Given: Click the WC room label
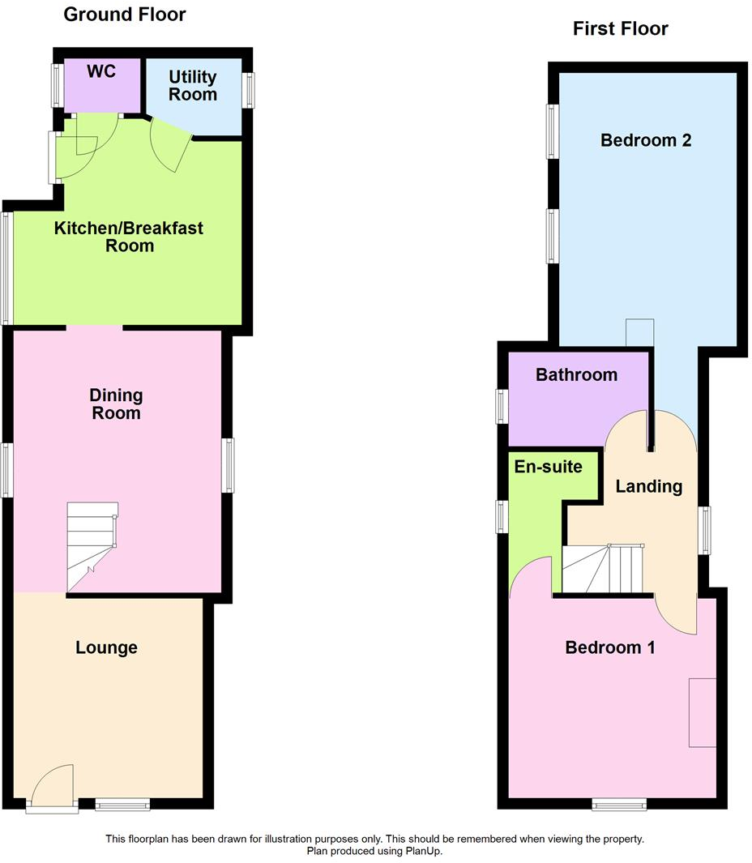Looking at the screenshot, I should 102,71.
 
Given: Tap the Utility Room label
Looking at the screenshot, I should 193,86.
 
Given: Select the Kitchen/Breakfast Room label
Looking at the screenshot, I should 129,237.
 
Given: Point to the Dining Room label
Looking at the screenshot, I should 116,404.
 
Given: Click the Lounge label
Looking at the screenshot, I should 106,647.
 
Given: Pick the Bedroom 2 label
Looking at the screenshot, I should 646,140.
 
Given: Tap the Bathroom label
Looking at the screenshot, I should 576,374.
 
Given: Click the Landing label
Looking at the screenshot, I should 649,486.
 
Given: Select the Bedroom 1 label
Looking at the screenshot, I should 610,647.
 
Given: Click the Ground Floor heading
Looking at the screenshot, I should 125,15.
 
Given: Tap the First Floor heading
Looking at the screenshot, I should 621,29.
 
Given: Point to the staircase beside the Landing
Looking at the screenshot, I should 603,569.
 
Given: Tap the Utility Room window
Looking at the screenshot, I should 248,91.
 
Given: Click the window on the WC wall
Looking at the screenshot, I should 58,84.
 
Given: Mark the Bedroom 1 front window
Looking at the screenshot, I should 619,804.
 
